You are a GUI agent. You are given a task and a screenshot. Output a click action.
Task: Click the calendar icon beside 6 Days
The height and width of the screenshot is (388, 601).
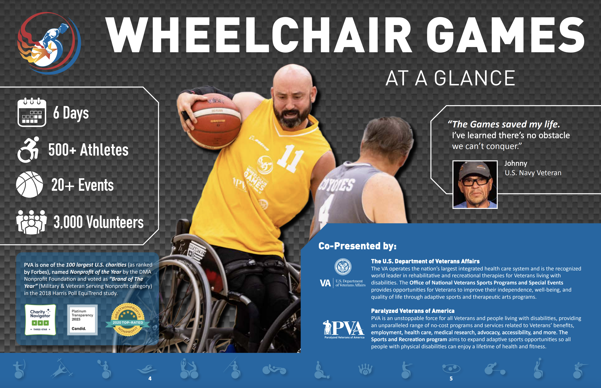[32, 112]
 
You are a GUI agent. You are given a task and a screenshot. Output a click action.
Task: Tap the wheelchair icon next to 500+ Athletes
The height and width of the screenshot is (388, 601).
[28, 150]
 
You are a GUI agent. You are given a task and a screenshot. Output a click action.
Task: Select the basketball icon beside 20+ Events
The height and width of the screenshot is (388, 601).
[29, 184]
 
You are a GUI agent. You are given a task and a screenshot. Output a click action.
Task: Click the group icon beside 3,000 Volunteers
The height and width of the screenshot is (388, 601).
[31, 222]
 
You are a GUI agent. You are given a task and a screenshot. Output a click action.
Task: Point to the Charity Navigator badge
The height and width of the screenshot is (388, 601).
[40, 320]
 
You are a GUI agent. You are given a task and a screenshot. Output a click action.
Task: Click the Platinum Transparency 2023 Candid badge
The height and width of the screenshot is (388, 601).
[82, 320]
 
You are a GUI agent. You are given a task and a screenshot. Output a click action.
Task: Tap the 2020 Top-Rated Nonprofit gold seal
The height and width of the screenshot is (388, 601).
[128, 320]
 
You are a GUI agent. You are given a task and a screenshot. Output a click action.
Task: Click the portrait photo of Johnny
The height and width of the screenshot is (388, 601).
[475, 184]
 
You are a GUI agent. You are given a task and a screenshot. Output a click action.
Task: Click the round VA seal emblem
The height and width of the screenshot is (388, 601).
[343, 267]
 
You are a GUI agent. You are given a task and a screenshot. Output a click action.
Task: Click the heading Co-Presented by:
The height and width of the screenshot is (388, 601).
[357, 246]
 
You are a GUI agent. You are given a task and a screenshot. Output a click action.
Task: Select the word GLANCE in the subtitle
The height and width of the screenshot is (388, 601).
[475, 78]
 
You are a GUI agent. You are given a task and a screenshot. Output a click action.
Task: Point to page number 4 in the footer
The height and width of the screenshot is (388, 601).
[150, 378]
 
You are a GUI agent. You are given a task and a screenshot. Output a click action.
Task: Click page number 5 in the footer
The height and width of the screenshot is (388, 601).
[451, 378]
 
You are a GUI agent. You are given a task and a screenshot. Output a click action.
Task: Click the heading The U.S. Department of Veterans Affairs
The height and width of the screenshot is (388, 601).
[425, 261]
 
